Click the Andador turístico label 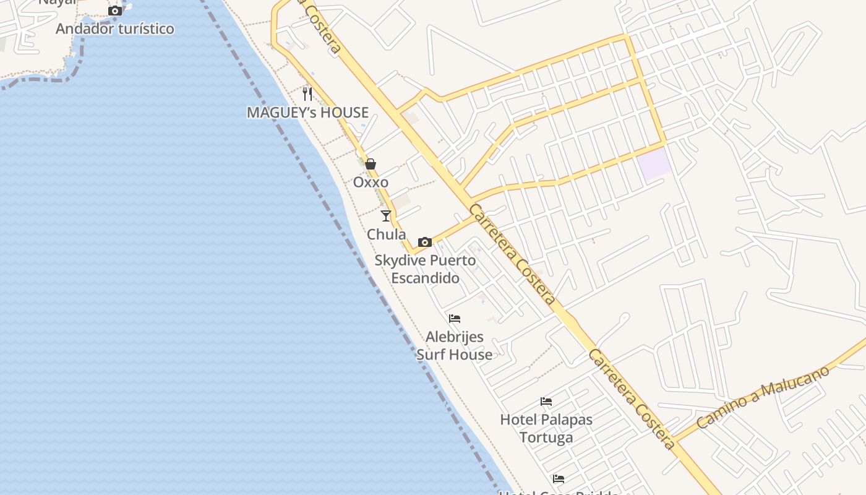[115, 28]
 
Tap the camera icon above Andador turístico [115, 11]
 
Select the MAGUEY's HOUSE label [307, 113]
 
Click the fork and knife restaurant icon [307, 94]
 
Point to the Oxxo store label [371, 182]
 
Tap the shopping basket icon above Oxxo [371, 164]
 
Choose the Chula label [387, 235]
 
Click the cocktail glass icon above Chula [387, 216]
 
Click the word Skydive [400, 260]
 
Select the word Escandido [426, 278]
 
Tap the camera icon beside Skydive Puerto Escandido [425, 242]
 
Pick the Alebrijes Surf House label [455, 346]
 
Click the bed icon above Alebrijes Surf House [455, 319]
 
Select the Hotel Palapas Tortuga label [546, 428]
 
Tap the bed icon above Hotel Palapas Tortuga [546, 401]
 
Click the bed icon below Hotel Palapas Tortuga [559, 478]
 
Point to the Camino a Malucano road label [762, 398]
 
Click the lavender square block [654, 164]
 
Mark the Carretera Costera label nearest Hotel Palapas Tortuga [631, 399]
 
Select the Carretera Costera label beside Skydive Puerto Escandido [512, 254]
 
